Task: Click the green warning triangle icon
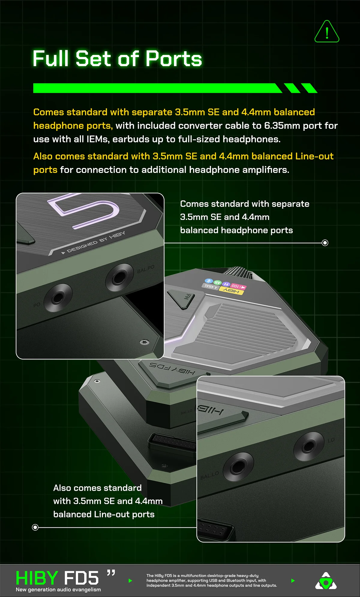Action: (x=327, y=32)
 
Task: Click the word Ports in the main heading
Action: (x=174, y=59)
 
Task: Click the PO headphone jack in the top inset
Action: (x=58, y=297)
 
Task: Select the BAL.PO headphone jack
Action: (x=119, y=277)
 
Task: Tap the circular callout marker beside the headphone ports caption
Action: (x=325, y=243)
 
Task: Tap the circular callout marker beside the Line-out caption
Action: (x=35, y=527)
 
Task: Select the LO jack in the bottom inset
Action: (x=309, y=447)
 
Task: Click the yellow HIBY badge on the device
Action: (x=231, y=291)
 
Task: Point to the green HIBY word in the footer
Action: (x=37, y=578)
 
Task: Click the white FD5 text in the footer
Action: (x=81, y=578)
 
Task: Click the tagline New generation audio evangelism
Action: (x=58, y=589)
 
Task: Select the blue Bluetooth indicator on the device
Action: (x=208, y=281)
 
